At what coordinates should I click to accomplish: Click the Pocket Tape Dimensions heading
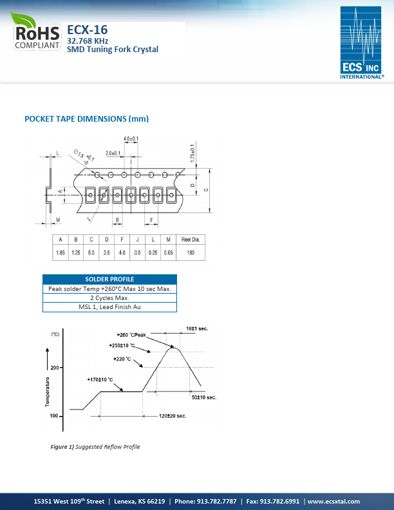point(86,118)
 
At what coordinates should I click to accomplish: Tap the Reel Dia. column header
point(191,240)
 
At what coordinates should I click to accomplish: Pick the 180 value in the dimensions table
point(191,253)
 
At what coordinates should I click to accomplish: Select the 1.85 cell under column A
point(61,253)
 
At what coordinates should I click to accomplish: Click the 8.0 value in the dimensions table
point(91,253)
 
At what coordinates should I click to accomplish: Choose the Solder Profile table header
point(109,279)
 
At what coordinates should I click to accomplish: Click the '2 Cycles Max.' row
point(109,297)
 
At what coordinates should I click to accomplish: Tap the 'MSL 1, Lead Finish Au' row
point(109,307)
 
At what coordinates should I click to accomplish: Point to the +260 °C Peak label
point(132,335)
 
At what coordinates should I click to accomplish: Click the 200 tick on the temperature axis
point(55,368)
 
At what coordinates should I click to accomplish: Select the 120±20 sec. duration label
point(173,417)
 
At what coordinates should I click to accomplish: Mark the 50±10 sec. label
point(204,397)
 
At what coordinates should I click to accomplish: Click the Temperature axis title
point(48,392)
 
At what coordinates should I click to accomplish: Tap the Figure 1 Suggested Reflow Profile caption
point(95,447)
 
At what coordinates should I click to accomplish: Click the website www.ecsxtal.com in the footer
point(333,501)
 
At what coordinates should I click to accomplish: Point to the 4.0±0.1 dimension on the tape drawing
point(131,138)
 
